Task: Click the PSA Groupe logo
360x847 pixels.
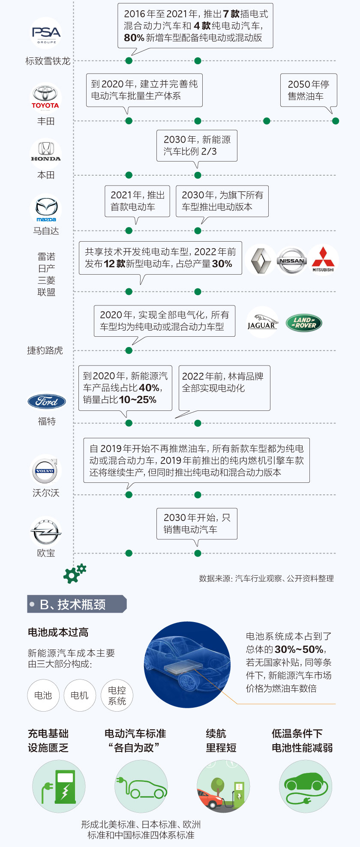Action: coord(46,33)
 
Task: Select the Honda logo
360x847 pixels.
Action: coord(46,152)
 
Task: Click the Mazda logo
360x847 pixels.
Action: coord(46,209)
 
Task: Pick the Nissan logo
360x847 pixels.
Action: coord(292,260)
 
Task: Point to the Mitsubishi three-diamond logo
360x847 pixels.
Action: coord(323,259)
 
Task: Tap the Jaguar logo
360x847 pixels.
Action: coord(262,322)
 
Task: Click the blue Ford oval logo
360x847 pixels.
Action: coord(46,401)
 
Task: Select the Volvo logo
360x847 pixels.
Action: coord(45,470)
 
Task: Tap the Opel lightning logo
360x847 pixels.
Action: coord(46,532)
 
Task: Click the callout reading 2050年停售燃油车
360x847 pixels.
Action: coord(309,90)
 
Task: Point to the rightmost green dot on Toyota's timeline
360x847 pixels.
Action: coord(336,121)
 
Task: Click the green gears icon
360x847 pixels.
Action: coord(75,573)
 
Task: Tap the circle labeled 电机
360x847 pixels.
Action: coord(80,695)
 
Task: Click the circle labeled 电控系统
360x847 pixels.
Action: coord(117,695)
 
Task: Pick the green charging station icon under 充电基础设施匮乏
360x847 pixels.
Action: coord(59,786)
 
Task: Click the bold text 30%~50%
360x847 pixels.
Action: coord(299,649)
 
